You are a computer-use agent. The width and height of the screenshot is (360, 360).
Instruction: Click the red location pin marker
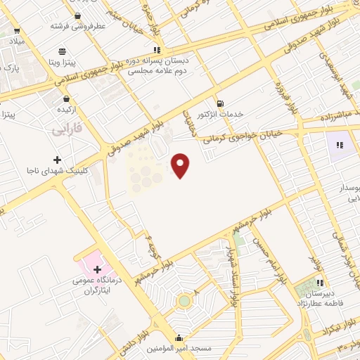point(181,165)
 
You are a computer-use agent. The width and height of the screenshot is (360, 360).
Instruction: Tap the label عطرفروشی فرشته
point(77,25)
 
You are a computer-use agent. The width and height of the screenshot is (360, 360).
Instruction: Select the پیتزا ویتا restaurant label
point(63,62)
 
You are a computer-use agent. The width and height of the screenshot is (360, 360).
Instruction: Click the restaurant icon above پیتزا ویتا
point(63,51)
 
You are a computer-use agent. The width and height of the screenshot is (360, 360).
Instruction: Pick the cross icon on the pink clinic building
point(96,269)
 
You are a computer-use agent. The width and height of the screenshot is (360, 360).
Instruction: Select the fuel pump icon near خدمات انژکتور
point(220,103)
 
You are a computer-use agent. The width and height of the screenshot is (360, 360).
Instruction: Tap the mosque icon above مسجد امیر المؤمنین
point(179,337)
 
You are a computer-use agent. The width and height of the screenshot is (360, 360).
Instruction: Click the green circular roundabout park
point(184,301)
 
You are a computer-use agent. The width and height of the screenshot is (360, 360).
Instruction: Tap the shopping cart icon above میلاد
point(17,31)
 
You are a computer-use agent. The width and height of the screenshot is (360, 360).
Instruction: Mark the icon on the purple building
point(340,146)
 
